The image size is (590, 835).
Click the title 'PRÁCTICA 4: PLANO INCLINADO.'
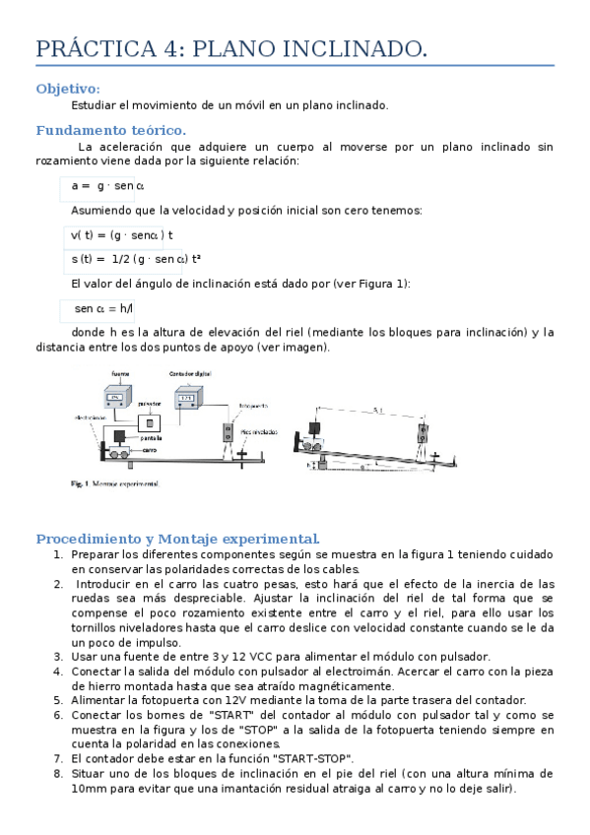(231, 49)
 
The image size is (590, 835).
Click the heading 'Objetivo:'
(68, 89)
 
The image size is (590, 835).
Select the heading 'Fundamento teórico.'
(110, 130)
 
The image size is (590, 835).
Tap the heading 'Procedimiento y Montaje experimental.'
(177, 539)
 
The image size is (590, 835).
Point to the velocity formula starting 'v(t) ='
(121, 235)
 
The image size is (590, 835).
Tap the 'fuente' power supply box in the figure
(117, 396)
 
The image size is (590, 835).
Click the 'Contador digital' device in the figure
(188, 397)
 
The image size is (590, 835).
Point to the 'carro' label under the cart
(149, 449)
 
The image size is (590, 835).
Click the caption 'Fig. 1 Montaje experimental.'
(114, 484)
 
